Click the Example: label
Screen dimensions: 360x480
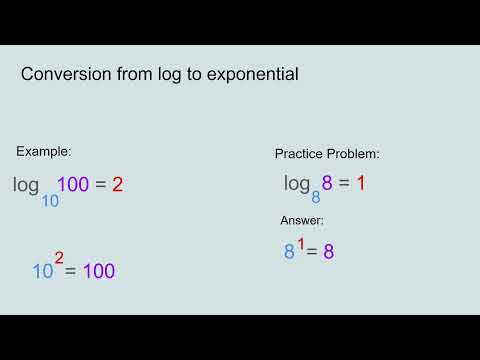click(x=44, y=151)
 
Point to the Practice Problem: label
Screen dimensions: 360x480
click(x=327, y=154)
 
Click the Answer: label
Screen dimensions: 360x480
click(x=302, y=220)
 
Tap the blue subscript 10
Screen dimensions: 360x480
click(x=49, y=200)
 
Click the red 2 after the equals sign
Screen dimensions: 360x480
click(x=117, y=184)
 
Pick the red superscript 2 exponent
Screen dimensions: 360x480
click(x=59, y=258)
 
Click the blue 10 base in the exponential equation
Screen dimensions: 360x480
click(x=42, y=270)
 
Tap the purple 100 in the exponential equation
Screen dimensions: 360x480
click(x=98, y=270)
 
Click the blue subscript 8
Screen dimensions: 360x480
click(x=316, y=198)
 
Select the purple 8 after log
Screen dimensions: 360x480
click(x=327, y=183)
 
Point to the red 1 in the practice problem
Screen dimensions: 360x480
click(x=361, y=183)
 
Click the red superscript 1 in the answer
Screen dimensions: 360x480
click(x=301, y=241)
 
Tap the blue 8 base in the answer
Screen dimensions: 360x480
click(x=289, y=252)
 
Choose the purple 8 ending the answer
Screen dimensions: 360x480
click(x=327, y=252)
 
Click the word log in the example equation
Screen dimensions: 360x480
click(x=26, y=185)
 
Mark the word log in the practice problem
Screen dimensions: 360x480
click(x=297, y=184)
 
